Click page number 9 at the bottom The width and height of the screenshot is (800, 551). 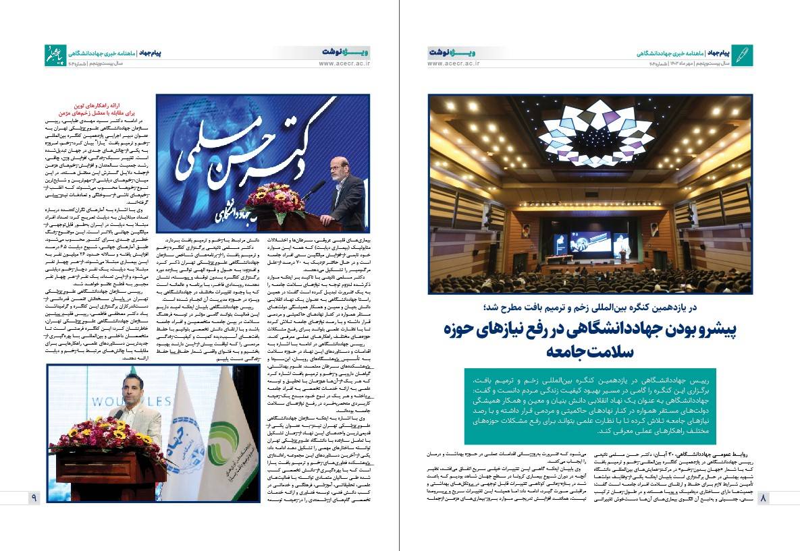click(34, 498)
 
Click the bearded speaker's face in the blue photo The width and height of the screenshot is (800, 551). click(336, 166)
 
